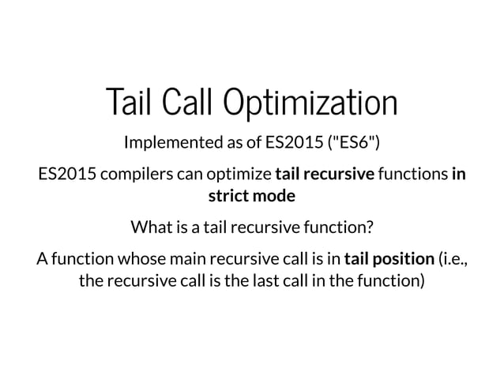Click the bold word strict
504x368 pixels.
[227, 194]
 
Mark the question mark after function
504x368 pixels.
[370, 229]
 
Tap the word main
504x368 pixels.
[170, 258]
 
